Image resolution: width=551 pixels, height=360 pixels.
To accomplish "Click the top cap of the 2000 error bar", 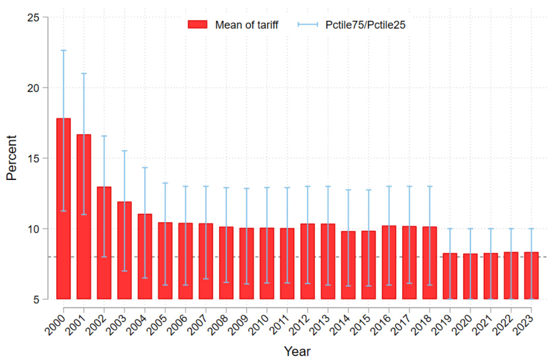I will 64,50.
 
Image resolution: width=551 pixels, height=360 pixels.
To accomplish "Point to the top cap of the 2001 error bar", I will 84,73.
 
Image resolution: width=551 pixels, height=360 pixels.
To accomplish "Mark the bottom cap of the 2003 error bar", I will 125,271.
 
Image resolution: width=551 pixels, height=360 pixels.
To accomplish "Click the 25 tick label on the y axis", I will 34,17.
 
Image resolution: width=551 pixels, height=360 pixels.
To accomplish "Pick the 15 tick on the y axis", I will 34,158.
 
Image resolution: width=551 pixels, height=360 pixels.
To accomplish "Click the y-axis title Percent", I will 12,157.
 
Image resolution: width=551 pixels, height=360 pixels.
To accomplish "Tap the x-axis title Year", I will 297,352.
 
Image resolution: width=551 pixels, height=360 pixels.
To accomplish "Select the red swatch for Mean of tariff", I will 198,25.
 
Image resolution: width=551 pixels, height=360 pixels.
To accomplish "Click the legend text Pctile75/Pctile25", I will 365,25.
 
